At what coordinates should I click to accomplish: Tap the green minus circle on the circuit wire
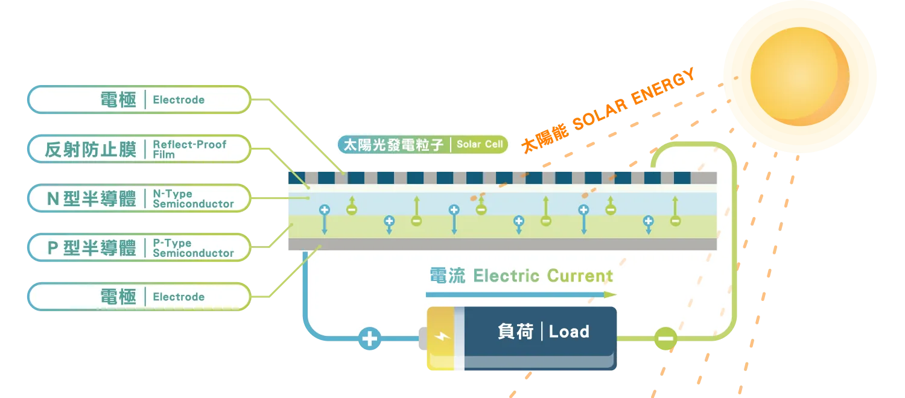665,339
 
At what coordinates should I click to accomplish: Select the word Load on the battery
569,332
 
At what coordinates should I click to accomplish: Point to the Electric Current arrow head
611,295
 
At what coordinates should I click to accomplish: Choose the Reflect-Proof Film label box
139,149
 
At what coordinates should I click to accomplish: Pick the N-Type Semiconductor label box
139,198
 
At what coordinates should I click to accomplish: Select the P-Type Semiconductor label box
139,248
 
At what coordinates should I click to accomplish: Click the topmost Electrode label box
139,99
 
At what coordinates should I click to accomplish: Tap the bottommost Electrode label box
139,297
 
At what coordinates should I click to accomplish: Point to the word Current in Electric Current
580,276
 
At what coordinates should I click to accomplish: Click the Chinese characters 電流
447,276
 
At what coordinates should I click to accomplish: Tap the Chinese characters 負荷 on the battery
515,332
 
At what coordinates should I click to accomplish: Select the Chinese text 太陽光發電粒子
393,145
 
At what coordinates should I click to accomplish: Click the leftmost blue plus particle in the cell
325,210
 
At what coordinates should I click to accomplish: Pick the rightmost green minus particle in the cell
675,221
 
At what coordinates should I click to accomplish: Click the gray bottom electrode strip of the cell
501,244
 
